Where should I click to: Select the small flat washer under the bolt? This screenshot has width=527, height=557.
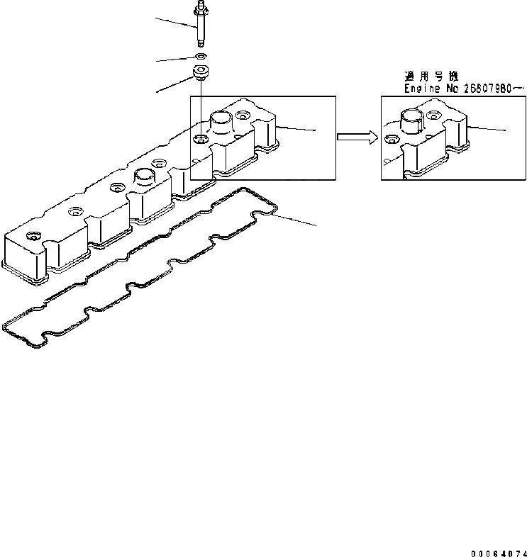(201, 56)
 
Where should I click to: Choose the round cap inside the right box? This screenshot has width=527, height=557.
(413, 119)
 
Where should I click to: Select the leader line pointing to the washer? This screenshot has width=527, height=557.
(176, 60)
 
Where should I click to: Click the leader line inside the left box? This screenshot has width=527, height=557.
(297, 128)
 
